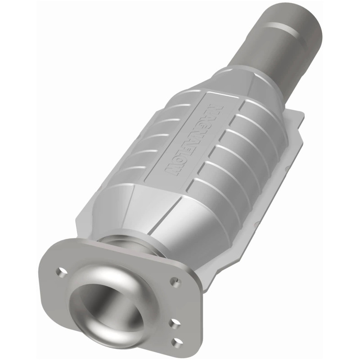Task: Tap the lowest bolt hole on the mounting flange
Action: (x=177, y=342)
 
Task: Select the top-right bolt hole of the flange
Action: (x=175, y=282)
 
